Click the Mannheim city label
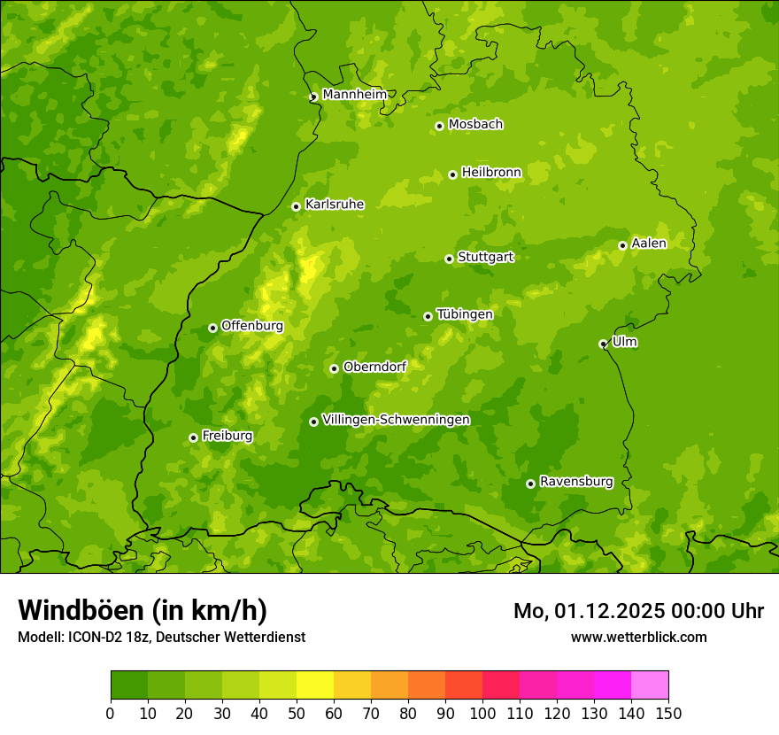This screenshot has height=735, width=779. (x=354, y=94)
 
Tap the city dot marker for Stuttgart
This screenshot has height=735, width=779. (x=449, y=259)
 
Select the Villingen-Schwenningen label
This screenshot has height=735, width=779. (x=396, y=420)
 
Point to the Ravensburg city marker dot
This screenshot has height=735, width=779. (x=530, y=484)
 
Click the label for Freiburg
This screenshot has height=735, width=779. (x=227, y=436)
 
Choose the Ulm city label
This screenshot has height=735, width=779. (x=624, y=342)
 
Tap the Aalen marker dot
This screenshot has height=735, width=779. (x=622, y=245)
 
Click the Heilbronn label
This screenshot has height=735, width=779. (x=491, y=173)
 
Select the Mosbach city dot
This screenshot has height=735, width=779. (x=439, y=126)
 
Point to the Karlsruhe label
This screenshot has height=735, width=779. (x=334, y=205)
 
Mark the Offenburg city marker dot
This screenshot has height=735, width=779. (x=212, y=328)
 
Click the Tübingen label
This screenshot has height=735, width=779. (x=464, y=314)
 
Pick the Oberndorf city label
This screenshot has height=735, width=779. (x=374, y=367)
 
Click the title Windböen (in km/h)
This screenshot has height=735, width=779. (x=142, y=610)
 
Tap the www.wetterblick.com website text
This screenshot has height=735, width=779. (x=638, y=637)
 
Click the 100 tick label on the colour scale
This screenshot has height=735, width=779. (x=482, y=713)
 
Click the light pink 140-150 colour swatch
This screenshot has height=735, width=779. (x=650, y=685)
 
